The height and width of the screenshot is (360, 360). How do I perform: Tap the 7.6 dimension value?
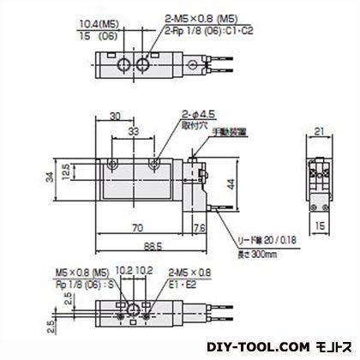click(198, 228)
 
